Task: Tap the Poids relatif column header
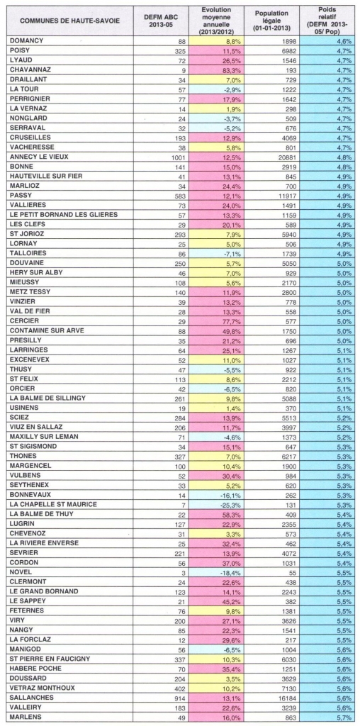tap(329, 21)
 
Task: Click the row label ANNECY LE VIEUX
tap(39, 157)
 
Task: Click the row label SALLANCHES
tap(31, 697)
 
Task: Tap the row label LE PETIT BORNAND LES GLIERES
tap(63, 215)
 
